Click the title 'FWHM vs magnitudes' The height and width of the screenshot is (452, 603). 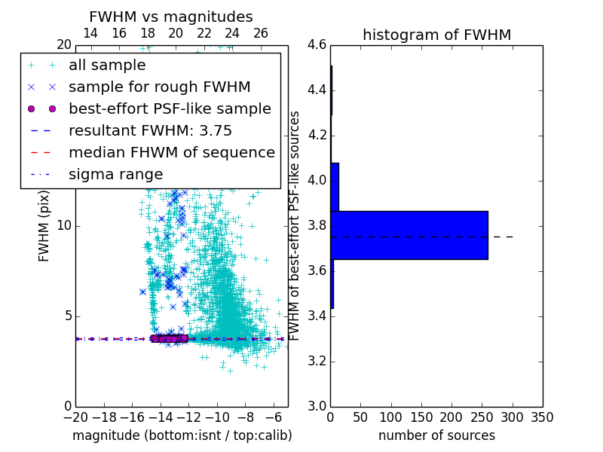171,17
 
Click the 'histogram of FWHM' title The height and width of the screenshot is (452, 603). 436,35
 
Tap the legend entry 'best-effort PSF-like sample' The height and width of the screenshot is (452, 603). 170,109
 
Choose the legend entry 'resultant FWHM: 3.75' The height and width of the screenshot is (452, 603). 150,131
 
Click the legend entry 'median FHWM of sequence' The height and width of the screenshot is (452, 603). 171,153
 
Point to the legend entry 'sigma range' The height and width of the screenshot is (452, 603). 115,175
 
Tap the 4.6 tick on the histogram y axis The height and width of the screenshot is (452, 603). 317,45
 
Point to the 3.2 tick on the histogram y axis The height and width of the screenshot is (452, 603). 317,361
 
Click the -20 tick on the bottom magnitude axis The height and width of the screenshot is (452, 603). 75,417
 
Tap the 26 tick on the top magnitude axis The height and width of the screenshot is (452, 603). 261,33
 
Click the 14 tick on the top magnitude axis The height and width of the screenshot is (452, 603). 90,33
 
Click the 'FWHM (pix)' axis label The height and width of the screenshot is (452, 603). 44,226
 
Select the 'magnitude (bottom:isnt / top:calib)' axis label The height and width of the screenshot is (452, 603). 182,435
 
